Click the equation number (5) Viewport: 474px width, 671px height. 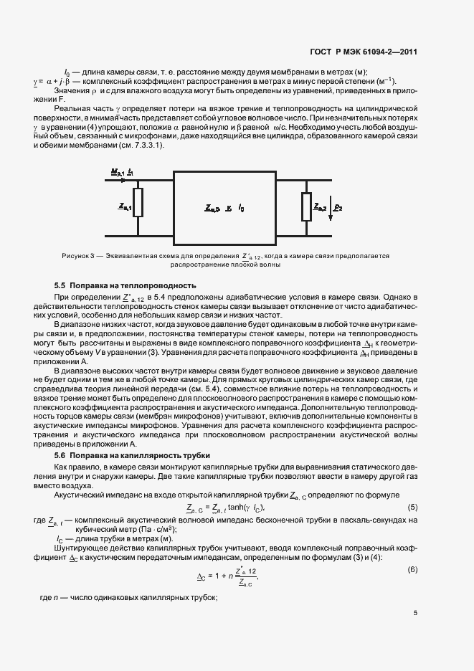412,508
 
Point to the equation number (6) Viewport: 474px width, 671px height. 412,569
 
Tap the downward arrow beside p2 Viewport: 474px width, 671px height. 331,208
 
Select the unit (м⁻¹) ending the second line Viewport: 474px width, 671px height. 384,82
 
